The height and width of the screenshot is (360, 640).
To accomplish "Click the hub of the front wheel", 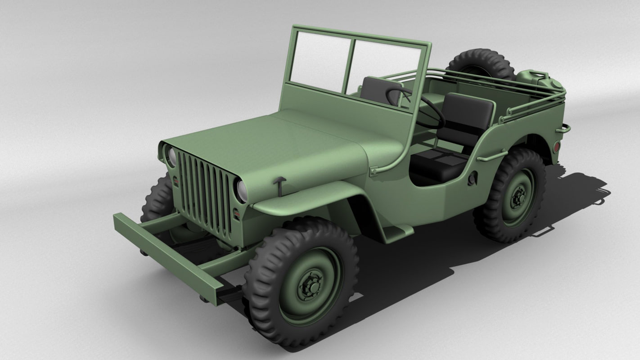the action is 311,284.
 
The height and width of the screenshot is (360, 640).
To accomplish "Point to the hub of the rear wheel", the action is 518,197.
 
